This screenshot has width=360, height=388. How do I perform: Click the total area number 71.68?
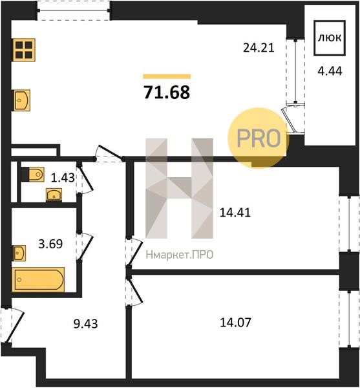[167, 92]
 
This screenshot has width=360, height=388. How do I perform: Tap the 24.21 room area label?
[259, 47]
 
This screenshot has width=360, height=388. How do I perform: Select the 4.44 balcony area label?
[330, 71]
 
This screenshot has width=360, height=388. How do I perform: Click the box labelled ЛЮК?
[330, 38]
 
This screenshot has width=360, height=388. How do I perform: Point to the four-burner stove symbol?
[24, 50]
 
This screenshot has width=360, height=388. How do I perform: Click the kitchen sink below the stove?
[22, 100]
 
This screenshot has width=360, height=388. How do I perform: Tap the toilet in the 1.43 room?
[36, 175]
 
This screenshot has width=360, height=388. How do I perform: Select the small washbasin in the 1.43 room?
[54, 195]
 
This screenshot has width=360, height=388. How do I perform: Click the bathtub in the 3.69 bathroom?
[38, 279]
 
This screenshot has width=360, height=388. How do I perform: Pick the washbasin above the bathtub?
[19, 253]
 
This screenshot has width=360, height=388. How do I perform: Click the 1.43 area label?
[63, 177]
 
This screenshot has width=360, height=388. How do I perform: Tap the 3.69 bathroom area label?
[50, 244]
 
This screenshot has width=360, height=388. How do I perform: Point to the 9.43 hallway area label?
[85, 323]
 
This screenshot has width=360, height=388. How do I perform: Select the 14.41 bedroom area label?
[235, 213]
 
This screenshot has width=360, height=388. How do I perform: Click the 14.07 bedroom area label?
[235, 323]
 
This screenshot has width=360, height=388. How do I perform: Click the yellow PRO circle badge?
[259, 138]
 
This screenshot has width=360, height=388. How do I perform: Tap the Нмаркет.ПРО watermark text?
[180, 255]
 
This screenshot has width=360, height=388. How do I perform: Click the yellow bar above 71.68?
[167, 76]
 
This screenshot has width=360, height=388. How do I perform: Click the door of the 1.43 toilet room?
[85, 178]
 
